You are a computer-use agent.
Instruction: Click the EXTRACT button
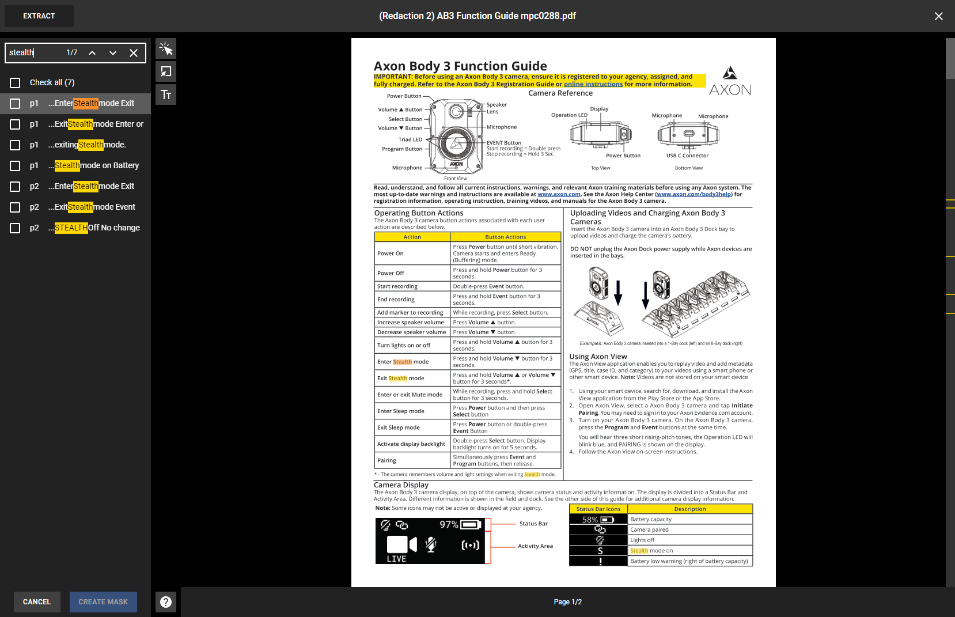(x=39, y=16)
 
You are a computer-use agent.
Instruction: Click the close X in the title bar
(x=938, y=16)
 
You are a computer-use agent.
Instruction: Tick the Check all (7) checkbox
(x=16, y=83)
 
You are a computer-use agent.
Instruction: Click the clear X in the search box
(x=134, y=53)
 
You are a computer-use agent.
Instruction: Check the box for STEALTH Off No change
(x=16, y=228)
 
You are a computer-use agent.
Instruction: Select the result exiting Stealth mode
(x=86, y=145)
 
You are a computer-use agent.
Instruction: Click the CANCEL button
(x=37, y=602)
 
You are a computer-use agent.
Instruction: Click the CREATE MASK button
(x=103, y=602)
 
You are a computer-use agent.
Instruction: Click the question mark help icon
(x=166, y=602)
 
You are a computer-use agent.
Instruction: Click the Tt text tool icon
(x=166, y=95)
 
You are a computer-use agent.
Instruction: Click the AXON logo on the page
(x=730, y=81)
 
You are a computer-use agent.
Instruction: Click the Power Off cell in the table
(x=391, y=273)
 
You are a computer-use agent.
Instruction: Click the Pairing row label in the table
(x=386, y=461)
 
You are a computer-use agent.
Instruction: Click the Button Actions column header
(x=505, y=237)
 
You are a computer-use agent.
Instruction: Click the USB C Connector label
(x=687, y=156)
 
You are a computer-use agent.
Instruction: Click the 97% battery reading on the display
(x=449, y=525)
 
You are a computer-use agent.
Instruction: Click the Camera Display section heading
(x=401, y=485)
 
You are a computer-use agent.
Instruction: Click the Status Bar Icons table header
(x=598, y=509)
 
